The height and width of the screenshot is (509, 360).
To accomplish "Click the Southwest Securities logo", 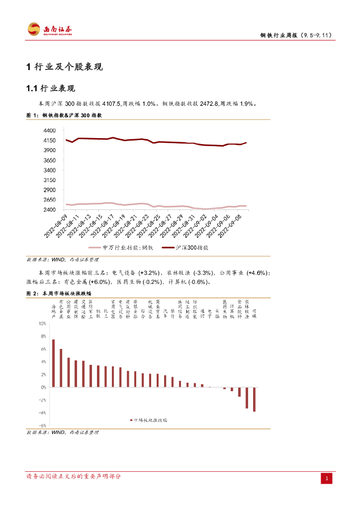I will [50, 29].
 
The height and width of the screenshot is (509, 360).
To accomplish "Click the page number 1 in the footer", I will [327, 478].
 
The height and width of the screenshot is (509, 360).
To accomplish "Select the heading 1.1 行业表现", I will [50, 88].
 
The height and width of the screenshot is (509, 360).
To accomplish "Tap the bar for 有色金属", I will [61, 368].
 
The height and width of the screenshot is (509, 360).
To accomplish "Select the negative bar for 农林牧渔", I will [247, 398].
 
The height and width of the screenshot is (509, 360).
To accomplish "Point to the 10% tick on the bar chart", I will [42, 323].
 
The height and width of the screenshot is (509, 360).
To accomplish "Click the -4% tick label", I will [42, 413].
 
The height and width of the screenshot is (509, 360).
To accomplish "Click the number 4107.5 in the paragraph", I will [111, 104].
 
